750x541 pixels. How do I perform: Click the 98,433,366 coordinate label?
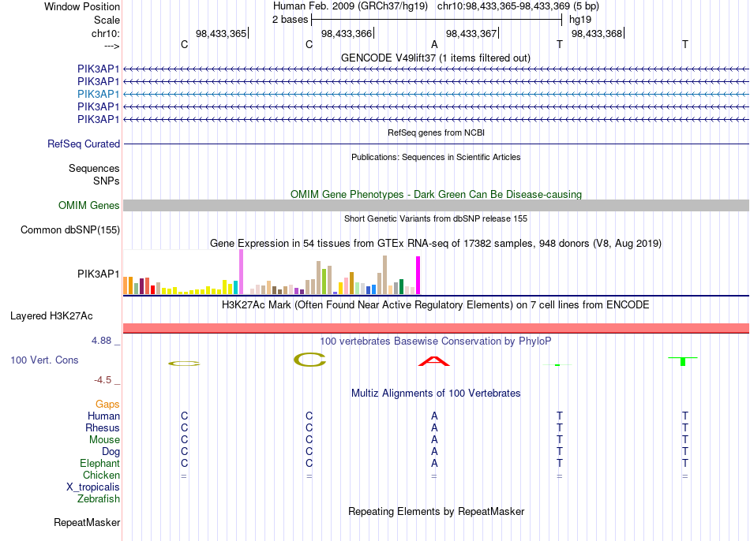click(x=347, y=33)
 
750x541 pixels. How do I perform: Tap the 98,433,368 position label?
click(x=597, y=33)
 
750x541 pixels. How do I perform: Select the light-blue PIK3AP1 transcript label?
click(x=98, y=94)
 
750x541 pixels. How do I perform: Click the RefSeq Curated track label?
click(x=84, y=144)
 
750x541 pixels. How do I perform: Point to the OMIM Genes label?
click(x=89, y=206)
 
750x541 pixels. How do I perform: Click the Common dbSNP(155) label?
click(x=70, y=229)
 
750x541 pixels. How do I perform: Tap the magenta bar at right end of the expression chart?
click(x=418, y=275)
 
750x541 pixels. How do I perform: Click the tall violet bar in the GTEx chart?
click(x=241, y=272)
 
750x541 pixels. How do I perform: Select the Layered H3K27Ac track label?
click(x=51, y=316)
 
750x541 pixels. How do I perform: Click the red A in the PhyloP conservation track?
click(x=434, y=361)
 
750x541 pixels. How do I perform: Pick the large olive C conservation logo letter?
click(x=309, y=360)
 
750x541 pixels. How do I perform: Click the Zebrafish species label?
click(x=99, y=499)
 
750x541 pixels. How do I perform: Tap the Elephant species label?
click(x=100, y=464)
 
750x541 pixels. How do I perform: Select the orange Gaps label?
click(x=107, y=405)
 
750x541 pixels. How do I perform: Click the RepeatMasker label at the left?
click(x=87, y=523)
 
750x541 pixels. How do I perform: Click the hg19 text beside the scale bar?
click(x=580, y=20)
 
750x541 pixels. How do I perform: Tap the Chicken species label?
click(x=101, y=475)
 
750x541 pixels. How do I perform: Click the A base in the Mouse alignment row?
click(x=434, y=440)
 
